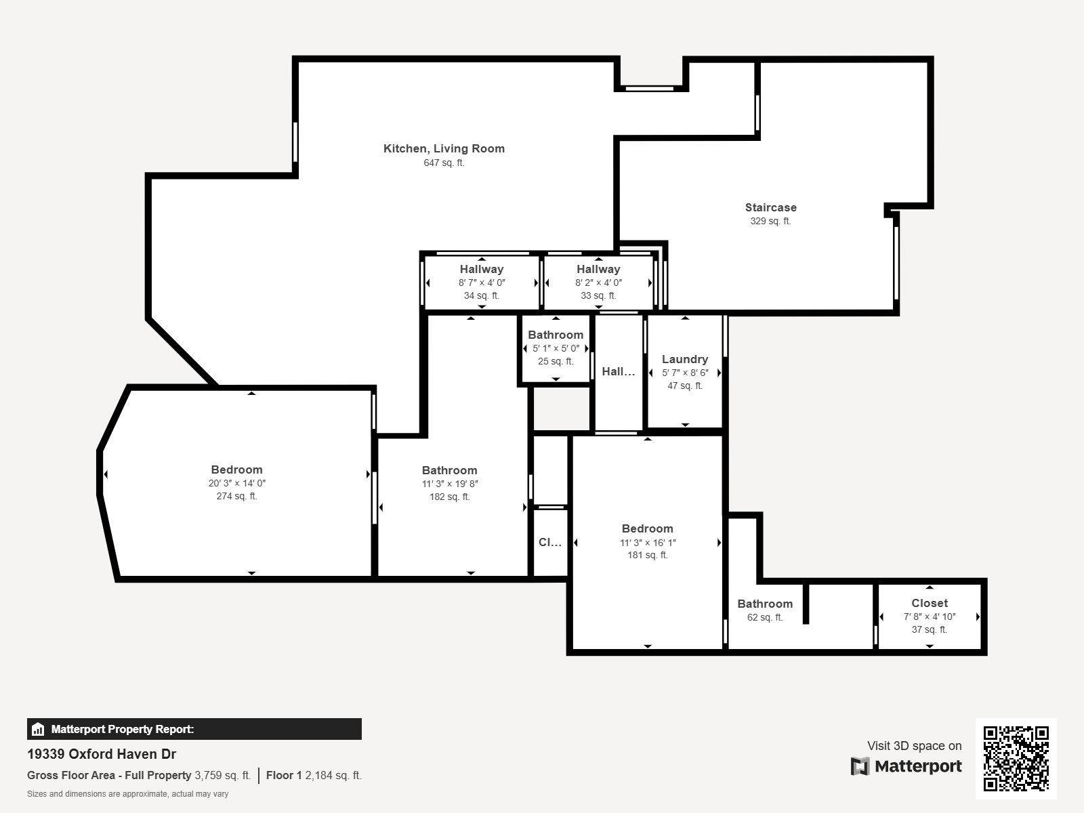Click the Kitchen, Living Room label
pyautogui.click(x=444, y=148)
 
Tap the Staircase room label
pyautogui.click(x=770, y=207)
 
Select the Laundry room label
pyautogui.click(x=684, y=359)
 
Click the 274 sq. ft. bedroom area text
pyautogui.click(x=236, y=496)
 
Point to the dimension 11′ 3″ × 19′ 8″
pyautogui.click(x=449, y=484)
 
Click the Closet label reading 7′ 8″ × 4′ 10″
pyautogui.click(x=929, y=603)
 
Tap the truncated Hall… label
pyautogui.click(x=618, y=371)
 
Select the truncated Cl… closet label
pyautogui.click(x=549, y=542)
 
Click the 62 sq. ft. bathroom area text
pyautogui.click(x=764, y=617)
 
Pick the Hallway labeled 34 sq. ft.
pyautogui.click(x=481, y=269)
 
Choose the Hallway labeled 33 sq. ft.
pyautogui.click(x=598, y=269)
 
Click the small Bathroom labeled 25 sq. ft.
pyautogui.click(x=555, y=335)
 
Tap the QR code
pyautogui.click(x=1016, y=758)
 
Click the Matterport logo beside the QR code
pyautogui.click(x=906, y=766)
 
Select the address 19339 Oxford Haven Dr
pyautogui.click(x=102, y=754)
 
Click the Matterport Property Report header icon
pyautogui.click(x=38, y=730)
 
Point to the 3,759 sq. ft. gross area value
pyautogui.click(x=222, y=775)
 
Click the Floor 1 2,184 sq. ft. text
pyautogui.click(x=314, y=775)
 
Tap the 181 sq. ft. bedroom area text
pyautogui.click(x=647, y=555)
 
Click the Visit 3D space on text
pyautogui.click(x=914, y=746)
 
